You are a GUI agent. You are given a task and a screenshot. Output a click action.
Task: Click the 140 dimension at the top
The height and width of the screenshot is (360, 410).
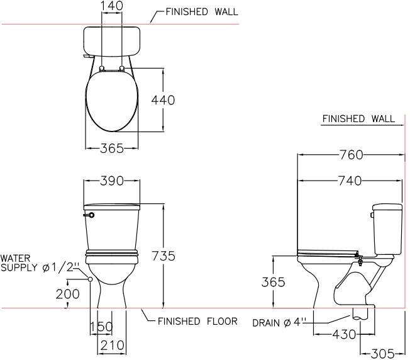[x=112, y=6]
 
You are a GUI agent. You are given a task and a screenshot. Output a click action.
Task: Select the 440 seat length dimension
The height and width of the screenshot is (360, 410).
[x=163, y=100]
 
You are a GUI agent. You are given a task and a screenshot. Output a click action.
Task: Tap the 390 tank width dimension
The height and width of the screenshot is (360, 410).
[x=112, y=181]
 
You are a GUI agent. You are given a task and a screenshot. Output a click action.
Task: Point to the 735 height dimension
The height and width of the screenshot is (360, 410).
[x=163, y=256]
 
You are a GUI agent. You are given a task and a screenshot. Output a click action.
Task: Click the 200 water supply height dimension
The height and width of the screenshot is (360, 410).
[x=67, y=294]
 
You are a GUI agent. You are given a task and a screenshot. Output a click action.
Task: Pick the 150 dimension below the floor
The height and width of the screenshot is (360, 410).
[x=101, y=327]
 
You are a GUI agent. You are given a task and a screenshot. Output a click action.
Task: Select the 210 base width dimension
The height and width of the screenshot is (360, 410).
[x=112, y=346]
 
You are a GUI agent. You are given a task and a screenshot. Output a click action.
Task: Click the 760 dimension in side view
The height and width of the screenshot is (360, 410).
[x=351, y=155]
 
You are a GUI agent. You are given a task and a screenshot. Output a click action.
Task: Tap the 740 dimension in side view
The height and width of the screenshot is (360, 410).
[x=350, y=181]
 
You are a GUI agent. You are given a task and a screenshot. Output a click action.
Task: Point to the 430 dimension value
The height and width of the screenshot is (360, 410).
[x=344, y=334]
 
